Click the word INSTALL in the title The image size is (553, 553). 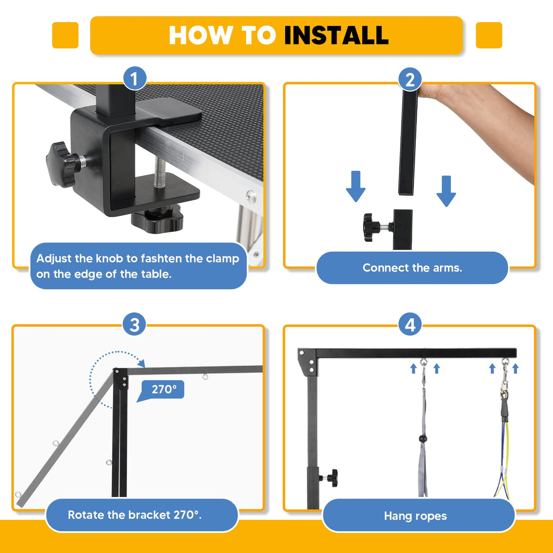[336, 36]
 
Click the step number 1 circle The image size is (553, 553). [134, 79]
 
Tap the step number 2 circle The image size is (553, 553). [410, 80]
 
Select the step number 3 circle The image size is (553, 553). [134, 325]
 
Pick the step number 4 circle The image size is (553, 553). [410, 325]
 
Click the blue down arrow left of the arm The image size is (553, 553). [355, 186]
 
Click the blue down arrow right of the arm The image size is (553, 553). [446, 190]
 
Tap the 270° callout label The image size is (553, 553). [163, 390]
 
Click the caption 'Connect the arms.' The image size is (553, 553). [412, 268]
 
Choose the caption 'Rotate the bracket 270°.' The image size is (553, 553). [135, 515]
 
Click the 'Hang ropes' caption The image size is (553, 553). [415, 516]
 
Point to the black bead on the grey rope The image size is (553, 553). [423, 439]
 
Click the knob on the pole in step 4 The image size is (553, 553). [331, 478]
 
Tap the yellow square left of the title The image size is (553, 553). [65, 35]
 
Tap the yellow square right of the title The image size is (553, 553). [489, 35]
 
